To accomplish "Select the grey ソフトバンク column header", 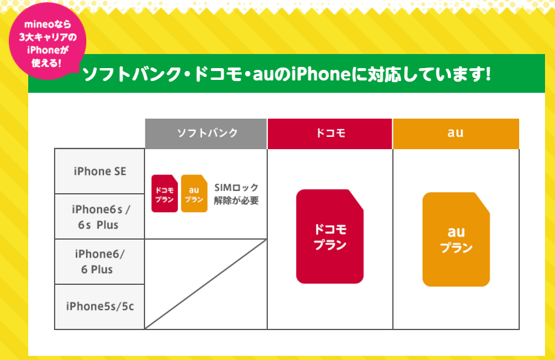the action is (x=206, y=133).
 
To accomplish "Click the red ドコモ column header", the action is (x=330, y=133).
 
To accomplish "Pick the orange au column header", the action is (x=456, y=133).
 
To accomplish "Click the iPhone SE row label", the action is (x=100, y=171).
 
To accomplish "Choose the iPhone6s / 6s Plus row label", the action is (x=100, y=217).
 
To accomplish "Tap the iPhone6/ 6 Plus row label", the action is (x=100, y=261).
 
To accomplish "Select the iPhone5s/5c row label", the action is (x=100, y=307).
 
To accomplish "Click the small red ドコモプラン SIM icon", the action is (x=164, y=194).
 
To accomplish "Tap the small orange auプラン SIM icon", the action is (x=194, y=194).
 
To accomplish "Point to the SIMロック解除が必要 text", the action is (x=236, y=194).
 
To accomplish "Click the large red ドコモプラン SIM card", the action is (x=329, y=237).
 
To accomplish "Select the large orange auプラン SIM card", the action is (x=456, y=239).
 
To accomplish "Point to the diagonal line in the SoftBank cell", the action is (x=206, y=284).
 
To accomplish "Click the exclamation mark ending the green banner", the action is (x=489, y=74).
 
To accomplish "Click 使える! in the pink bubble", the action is (x=46, y=63).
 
